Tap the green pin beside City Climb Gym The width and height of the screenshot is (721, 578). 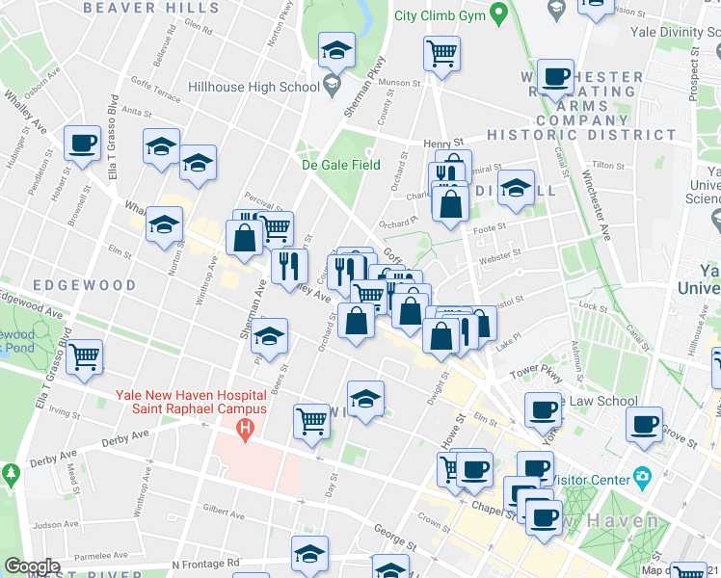click(498, 14)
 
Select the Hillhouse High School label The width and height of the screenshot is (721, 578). click(254, 87)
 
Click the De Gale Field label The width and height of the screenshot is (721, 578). click(340, 164)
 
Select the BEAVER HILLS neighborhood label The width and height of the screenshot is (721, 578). click(133, 8)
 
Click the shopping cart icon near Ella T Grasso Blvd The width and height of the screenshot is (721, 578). click(85, 355)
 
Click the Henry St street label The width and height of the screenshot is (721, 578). click(443, 143)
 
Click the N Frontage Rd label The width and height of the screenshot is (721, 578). click(205, 563)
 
